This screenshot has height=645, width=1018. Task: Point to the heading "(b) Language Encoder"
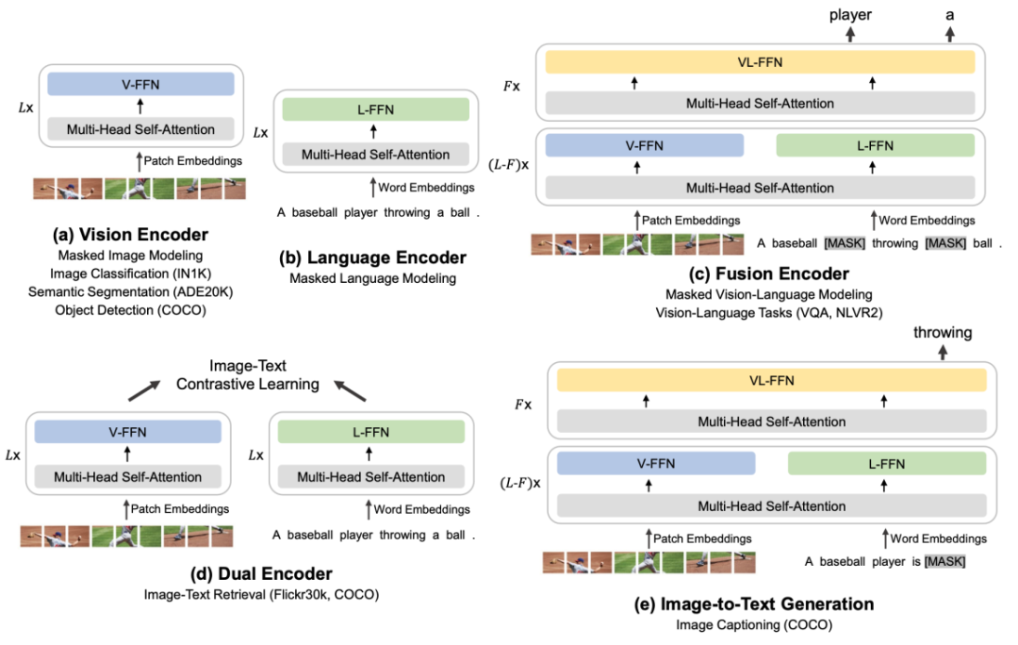(x=373, y=256)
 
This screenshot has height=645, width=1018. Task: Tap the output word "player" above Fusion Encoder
(x=850, y=15)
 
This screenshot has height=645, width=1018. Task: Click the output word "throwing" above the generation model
(x=943, y=333)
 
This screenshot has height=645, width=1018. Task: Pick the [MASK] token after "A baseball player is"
(x=944, y=562)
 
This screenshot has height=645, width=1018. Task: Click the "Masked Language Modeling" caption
(x=373, y=278)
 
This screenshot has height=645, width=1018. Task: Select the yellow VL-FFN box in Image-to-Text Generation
(x=771, y=381)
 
